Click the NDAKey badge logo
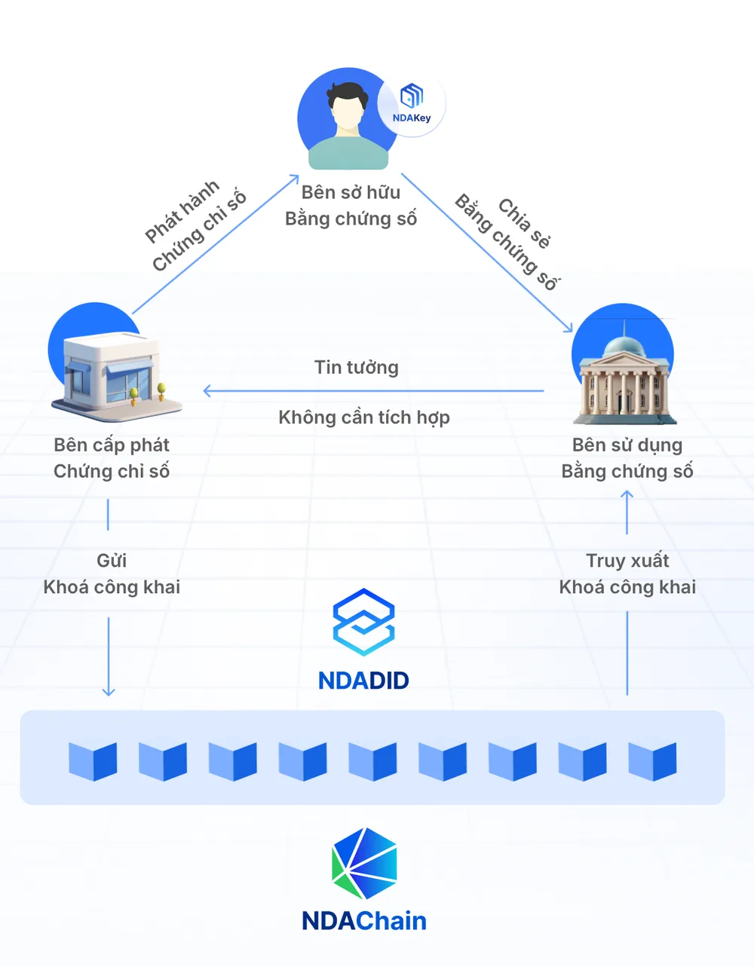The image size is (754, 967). point(412,96)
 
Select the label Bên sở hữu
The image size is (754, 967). point(351,192)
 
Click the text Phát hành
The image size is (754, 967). point(182,211)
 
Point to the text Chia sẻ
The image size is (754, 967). point(524,222)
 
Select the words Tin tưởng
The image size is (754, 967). point(357,367)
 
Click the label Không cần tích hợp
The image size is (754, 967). point(364,417)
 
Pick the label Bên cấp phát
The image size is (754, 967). point(112,445)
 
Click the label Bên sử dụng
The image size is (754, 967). point(627,445)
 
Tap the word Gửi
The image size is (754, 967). point(112,561)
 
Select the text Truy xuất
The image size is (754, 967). point(627,561)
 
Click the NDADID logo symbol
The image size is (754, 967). point(364,622)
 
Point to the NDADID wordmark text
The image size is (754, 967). point(364,681)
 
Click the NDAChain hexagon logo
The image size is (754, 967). point(364,863)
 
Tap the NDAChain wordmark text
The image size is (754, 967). point(364,920)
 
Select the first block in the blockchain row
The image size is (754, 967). point(93,760)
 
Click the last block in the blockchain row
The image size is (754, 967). point(652,760)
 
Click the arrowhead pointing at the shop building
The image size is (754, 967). point(207,391)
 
